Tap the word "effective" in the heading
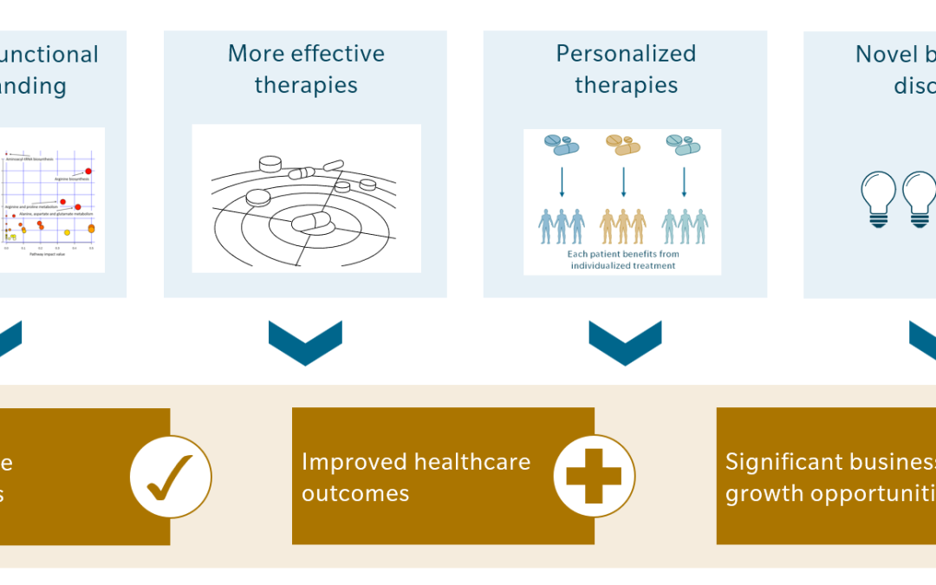coord(346,54)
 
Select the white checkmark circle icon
coord(170,476)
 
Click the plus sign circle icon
coord(594,476)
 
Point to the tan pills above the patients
coord(623,144)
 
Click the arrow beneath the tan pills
coord(623,181)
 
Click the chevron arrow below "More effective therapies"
coord(305,341)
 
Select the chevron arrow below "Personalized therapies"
coord(625,341)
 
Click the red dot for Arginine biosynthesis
coord(88,172)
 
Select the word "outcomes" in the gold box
coord(355,493)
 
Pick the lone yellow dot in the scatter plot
coord(68,231)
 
